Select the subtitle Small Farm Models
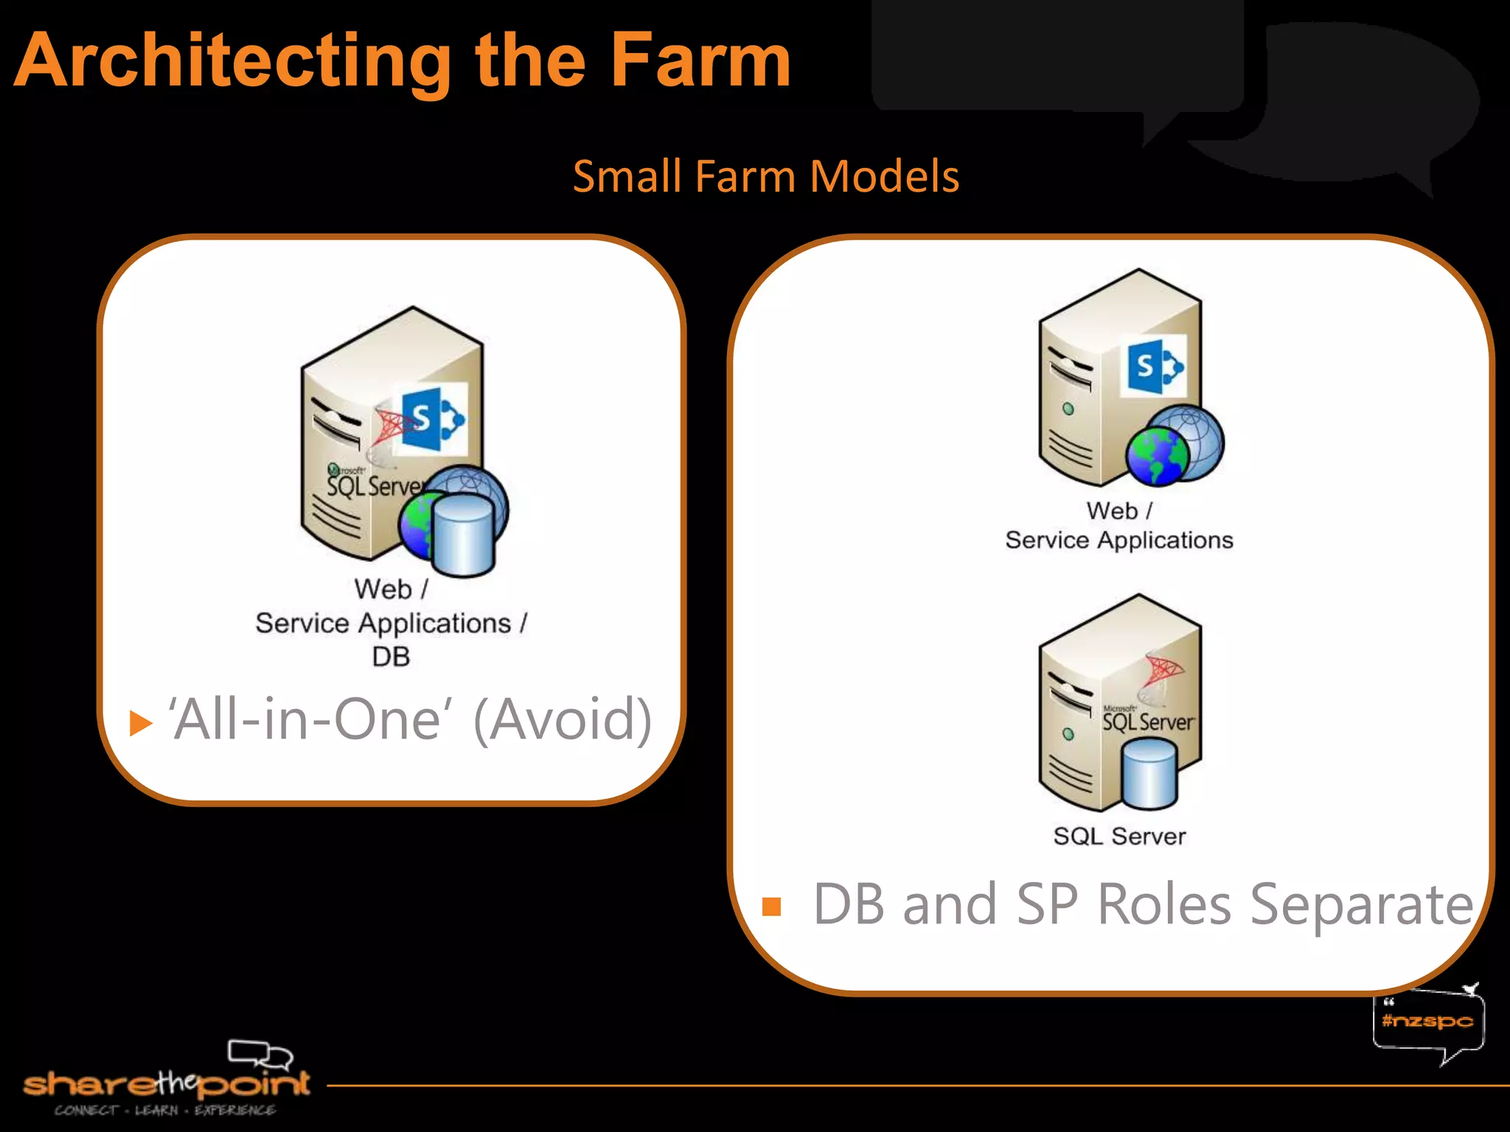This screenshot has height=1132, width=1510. [x=766, y=176]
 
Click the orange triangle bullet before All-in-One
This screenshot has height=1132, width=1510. [x=139, y=723]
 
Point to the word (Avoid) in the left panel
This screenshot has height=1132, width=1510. [x=563, y=720]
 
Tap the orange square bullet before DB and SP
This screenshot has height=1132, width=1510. [x=771, y=906]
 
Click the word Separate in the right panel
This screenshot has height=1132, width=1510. [x=1361, y=905]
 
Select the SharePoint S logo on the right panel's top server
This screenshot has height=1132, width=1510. [x=1152, y=366]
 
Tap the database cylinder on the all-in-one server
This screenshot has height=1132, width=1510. [x=463, y=534]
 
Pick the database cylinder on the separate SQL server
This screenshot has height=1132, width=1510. [x=1149, y=774]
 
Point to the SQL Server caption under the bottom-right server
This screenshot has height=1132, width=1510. [x=1119, y=836]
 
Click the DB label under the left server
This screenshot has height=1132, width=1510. [x=391, y=657]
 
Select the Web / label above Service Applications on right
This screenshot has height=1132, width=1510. [x=1118, y=511]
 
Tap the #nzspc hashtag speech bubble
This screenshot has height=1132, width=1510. [x=1427, y=1021]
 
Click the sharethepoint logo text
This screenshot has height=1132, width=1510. [x=167, y=1084]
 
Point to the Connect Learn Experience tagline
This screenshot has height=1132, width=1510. [x=165, y=1111]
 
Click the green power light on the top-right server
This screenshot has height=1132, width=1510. [x=1068, y=408]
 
